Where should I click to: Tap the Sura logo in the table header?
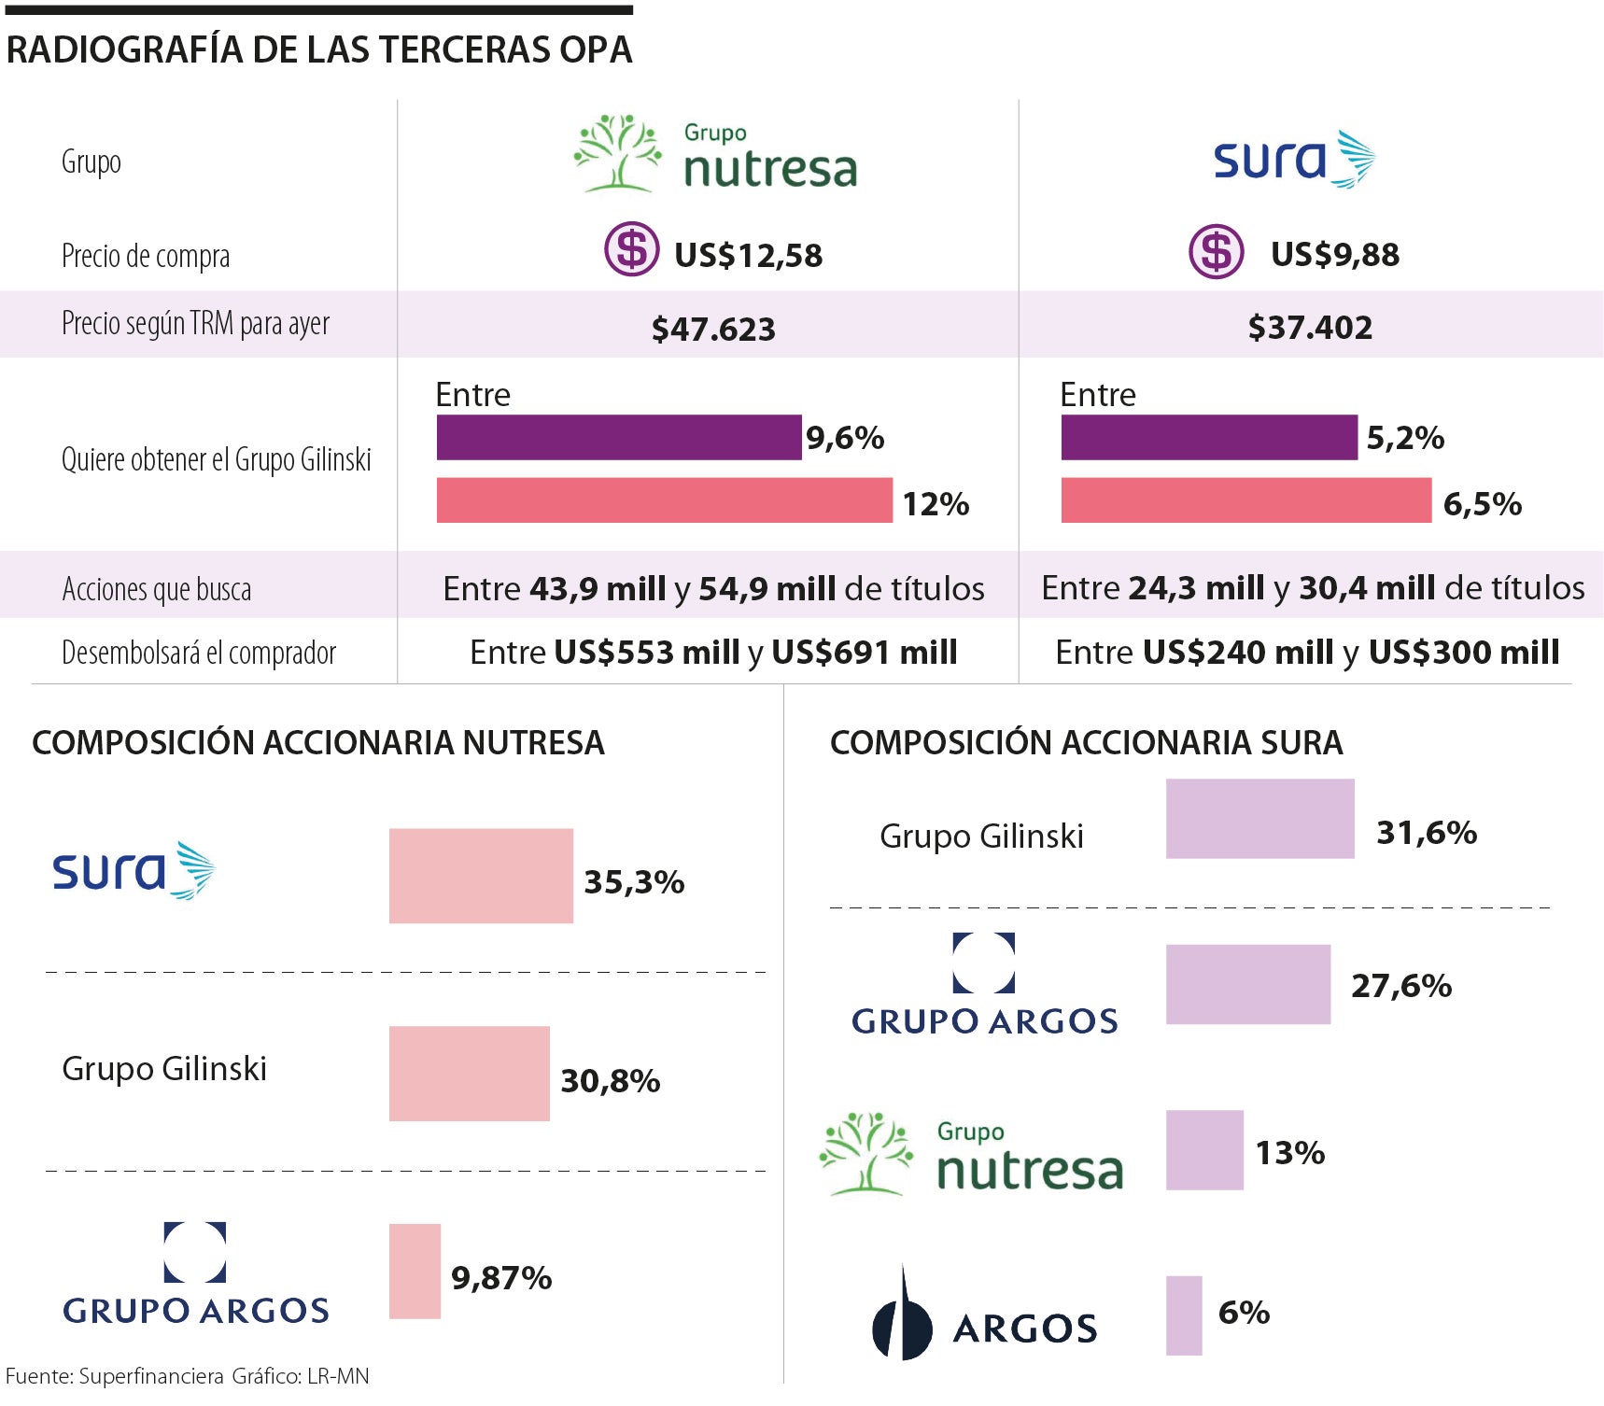click(1293, 159)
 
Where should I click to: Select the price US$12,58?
click(748, 255)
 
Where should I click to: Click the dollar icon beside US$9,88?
click(1216, 251)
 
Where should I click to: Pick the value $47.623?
click(713, 329)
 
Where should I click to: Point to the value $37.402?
click(1310, 328)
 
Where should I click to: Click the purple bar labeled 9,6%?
click(618, 437)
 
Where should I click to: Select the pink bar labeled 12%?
click(664, 500)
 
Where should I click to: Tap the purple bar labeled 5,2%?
click(1208, 437)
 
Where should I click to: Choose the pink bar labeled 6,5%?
click(1245, 500)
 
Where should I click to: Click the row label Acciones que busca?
click(157, 589)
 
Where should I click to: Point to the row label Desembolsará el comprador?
click(199, 653)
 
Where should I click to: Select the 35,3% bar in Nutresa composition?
click(481, 876)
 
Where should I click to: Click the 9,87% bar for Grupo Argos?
click(415, 1271)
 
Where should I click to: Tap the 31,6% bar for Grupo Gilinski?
click(1259, 819)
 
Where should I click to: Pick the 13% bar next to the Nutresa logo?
click(1204, 1149)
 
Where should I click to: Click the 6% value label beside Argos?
click(1244, 1313)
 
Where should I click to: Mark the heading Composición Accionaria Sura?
click(1086, 743)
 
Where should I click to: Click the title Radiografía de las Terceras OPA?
click(319, 49)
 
